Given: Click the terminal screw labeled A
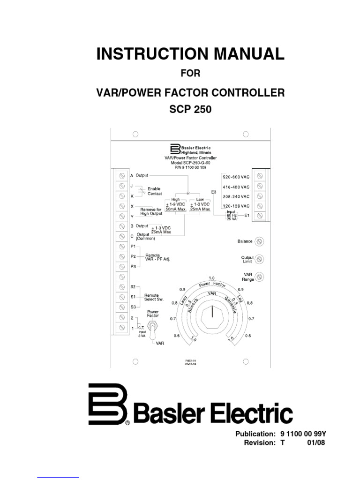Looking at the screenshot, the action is click(122, 176).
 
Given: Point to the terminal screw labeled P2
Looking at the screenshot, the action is click(122, 256).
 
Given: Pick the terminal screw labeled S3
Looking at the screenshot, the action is click(122, 307).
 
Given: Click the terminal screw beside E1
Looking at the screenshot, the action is click(259, 216).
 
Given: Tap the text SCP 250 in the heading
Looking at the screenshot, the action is click(190, 110).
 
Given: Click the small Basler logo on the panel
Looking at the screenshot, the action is click(175, 149).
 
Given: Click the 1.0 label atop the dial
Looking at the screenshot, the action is click(212, 278).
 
